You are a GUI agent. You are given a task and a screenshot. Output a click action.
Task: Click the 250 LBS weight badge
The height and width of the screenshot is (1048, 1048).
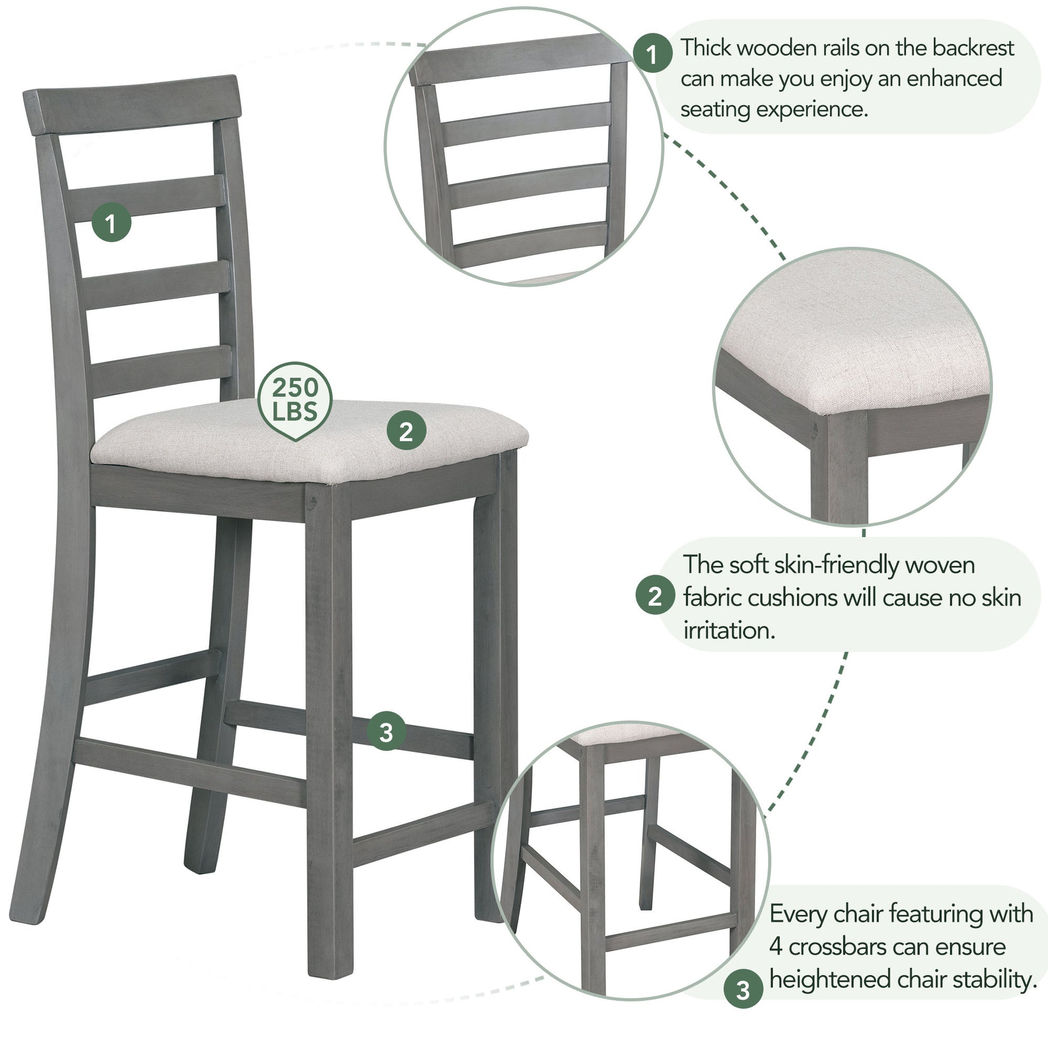point(295,400)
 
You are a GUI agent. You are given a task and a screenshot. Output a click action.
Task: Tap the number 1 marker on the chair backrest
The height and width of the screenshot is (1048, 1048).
point(111,222)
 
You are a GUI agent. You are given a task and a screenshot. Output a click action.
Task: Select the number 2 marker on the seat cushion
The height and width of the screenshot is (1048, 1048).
point(406,432)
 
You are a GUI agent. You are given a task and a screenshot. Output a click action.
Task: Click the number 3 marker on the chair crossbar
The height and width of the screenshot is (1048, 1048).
point(386,732)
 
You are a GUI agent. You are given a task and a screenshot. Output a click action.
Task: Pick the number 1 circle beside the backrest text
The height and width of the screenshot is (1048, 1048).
point(653,54)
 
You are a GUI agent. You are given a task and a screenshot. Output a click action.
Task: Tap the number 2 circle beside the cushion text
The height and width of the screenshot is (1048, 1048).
point(655,596)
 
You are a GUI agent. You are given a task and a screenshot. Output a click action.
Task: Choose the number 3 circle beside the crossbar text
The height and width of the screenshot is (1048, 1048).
point(743,990)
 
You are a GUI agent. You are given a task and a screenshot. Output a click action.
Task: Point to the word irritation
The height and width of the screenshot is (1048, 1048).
point(729,630)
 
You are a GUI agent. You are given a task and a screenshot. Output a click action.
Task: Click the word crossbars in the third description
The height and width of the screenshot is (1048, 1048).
point(830,947)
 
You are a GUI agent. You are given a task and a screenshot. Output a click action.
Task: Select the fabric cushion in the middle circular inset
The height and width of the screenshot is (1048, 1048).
point(857,336)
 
